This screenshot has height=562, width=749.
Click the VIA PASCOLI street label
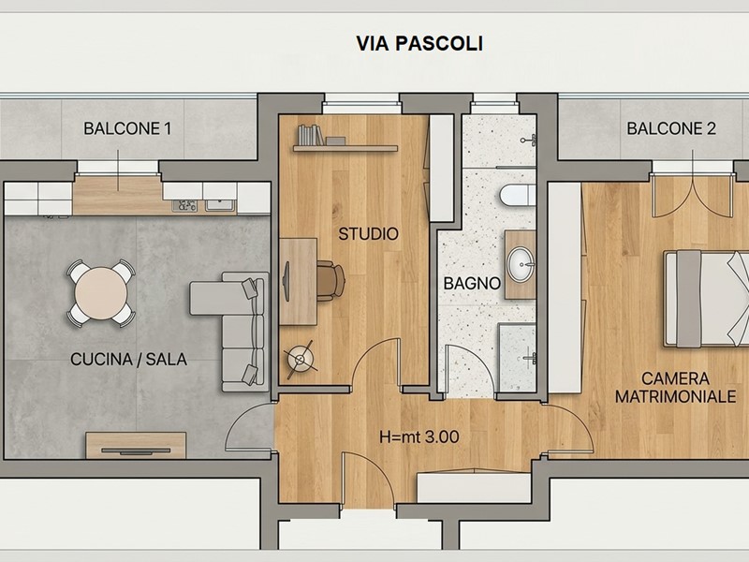point(419,43)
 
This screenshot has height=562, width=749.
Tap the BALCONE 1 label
point(127,128)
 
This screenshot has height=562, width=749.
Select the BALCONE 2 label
point(671,128)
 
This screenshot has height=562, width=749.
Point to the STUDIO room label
point(368,233)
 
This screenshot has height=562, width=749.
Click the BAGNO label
point(472,284)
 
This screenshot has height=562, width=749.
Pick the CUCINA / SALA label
point(128,360)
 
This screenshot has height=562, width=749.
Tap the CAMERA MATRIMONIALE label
point(675,388)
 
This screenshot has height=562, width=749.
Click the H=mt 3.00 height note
point(419,436)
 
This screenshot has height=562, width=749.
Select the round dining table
point(101,293)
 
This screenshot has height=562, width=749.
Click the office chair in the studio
point(330,280)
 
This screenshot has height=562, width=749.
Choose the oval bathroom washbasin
point(521,264)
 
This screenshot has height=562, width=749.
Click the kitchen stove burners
point(184,206)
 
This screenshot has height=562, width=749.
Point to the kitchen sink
point(220,206)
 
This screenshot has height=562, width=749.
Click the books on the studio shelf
point(311,135)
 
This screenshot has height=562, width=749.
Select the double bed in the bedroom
point(707,299)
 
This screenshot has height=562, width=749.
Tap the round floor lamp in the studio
point(301,359)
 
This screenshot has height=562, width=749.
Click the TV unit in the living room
point(136,446)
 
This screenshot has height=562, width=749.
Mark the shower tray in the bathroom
point(518,358)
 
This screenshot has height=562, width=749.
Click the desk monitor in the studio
point(286,282)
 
